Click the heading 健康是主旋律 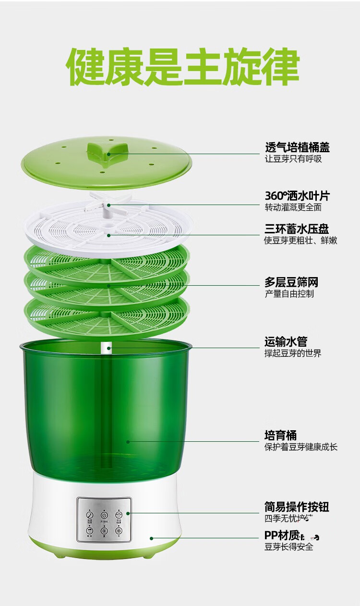click(183, 67)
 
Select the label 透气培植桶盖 click(297, 147)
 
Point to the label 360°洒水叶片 click(297, 196)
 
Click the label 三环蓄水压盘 click(297, 229)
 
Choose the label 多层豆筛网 click(291, 282)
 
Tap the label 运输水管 click(286, 341)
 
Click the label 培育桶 click(280, 436)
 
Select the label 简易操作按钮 click(297, 507)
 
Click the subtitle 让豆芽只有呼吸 click(293, 159)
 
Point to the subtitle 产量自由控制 click(289, 294)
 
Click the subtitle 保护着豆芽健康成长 click(301, 447)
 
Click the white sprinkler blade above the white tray click(108, 205)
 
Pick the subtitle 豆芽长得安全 click(288, 547)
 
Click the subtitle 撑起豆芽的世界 click(293, 353)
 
